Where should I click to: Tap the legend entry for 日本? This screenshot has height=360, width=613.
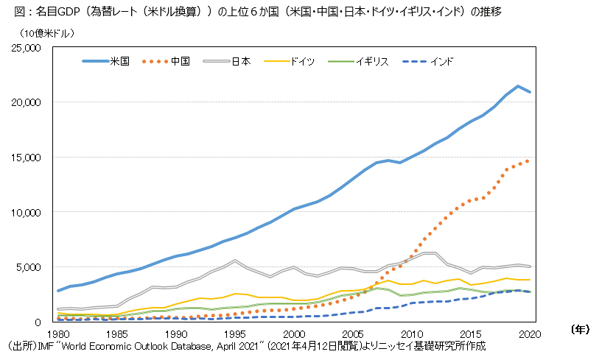point(240,62)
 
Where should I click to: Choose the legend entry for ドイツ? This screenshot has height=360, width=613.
point(303,62)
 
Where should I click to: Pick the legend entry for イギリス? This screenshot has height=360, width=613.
point(372,62)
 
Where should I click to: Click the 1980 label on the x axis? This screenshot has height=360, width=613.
point(57,333)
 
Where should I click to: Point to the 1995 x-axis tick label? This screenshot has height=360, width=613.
point(235,333)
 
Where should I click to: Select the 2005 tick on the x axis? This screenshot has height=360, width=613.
point(354,333)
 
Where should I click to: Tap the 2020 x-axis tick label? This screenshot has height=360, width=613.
point(530,333)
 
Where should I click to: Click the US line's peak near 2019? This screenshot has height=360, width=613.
point(519,86)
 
